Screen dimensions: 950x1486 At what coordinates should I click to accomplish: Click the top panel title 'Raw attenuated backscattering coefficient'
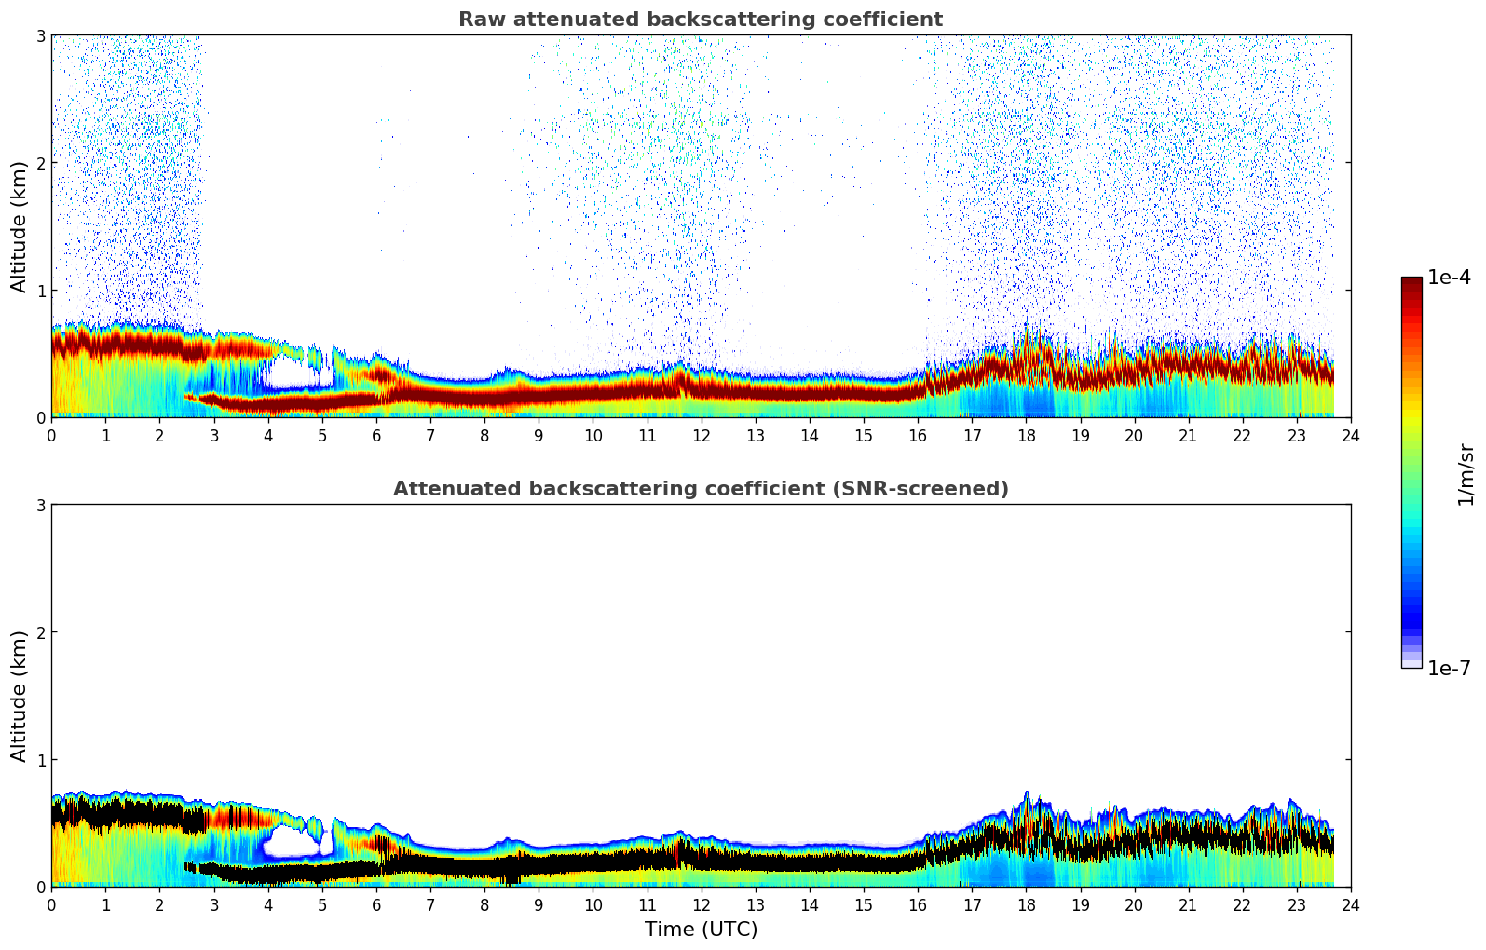[700, 20]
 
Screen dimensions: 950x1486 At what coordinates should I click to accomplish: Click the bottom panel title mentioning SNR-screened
[700, 489]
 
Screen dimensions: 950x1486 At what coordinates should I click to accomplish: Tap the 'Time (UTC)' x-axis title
[701, 930]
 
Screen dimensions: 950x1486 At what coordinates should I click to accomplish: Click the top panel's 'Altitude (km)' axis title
[20, 226]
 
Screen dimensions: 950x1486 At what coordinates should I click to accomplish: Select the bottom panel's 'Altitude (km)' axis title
[20, 696]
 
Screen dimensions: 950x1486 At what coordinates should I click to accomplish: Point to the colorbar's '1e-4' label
[1449, 278]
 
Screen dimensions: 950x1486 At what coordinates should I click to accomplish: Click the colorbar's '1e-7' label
[1449, 669]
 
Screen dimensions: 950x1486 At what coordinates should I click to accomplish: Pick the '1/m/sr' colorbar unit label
[1466, 474]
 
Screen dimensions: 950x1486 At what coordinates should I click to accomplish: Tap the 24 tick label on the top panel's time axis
[1350, 436]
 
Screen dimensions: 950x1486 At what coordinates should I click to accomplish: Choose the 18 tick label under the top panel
[1026, 436]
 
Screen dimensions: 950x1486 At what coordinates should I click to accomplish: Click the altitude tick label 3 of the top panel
[41, 35]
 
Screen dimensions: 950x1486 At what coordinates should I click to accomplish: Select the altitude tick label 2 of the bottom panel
[41, 632]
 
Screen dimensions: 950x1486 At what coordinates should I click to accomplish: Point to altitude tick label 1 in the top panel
[41, 291]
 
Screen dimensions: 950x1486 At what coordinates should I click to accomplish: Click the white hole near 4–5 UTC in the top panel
[292, 373]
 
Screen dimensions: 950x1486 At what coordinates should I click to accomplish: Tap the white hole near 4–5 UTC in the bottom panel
[290, 843]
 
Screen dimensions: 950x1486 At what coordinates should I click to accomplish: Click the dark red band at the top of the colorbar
[1411, 283]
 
